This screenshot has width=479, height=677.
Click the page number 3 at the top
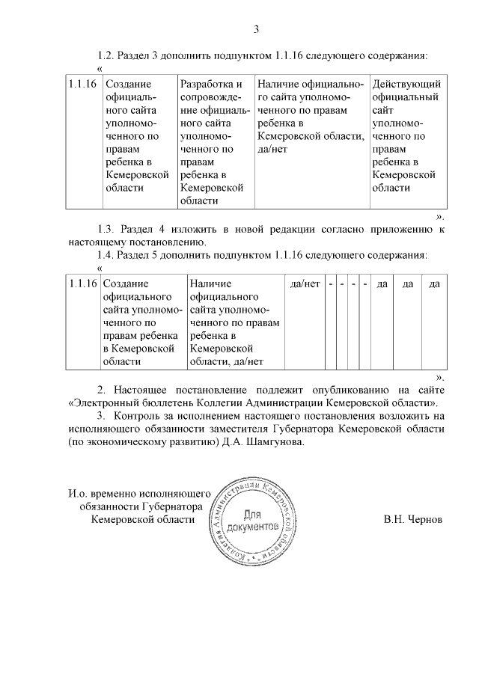(x=256, y=30)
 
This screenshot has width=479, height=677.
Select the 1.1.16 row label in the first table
(x=82, y=84)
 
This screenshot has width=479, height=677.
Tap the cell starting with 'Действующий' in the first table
(x=406, y=135)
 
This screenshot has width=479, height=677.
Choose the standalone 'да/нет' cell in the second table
(x=305, y=284)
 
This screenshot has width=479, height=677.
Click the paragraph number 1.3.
(x=108, y=229)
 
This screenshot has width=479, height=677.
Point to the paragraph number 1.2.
(x=108, y=55)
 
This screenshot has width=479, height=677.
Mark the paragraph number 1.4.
(x=108, y=255)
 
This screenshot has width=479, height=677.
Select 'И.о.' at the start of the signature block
(x=79, y=494)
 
